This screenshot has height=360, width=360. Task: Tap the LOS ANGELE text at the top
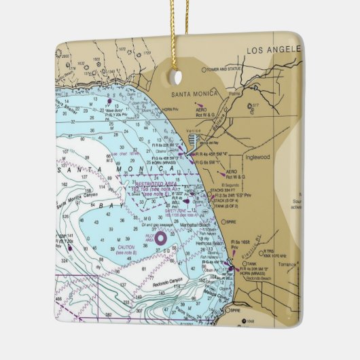pyautogui.click(x=272, y=50)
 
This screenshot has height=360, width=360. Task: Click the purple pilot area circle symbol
pyautogui.click(x=161, y=238)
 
